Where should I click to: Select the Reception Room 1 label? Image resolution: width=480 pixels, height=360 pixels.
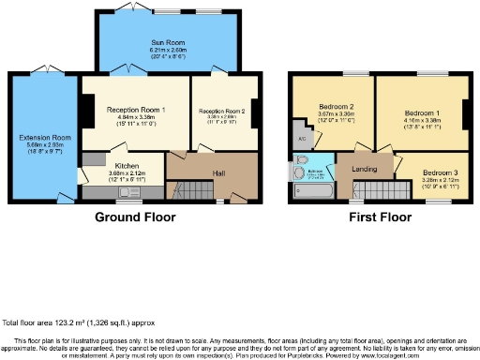[x=136, y=110]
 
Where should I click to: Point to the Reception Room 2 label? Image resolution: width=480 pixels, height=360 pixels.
[x=221, y=111]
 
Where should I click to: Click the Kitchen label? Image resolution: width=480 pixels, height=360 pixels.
[x=127, y=166]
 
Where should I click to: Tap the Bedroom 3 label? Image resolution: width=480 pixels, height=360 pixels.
[x=439, y=173]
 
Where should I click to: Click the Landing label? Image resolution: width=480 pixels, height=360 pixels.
[x=365, y=168]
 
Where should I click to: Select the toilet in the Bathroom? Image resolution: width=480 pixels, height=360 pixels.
[x=297, y=172]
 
